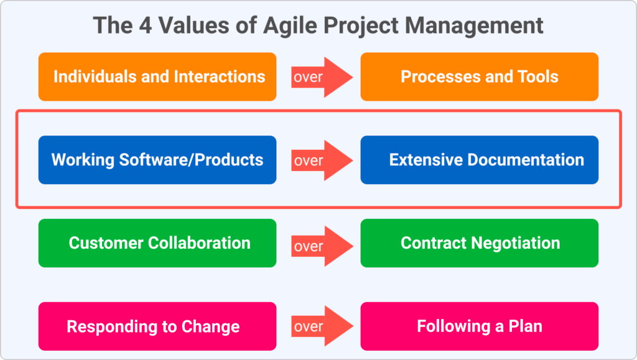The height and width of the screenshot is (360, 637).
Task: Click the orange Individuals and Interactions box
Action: [x=157, y=76]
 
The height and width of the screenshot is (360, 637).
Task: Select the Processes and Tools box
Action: [x=480, y=76]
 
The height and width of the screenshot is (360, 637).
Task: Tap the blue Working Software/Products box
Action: [x=157, y=160]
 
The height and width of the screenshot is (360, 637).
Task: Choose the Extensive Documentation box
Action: [x=480, y=160]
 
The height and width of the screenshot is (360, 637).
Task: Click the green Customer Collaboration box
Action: [x=157, y=243]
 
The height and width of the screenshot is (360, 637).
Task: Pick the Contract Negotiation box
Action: [x=480, y=243]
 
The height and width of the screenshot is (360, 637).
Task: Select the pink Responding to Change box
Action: [x=157, y=326]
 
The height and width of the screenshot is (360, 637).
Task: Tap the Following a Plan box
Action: [x=480, y=326]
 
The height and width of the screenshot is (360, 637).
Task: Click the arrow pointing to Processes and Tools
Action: [x=322, y=77]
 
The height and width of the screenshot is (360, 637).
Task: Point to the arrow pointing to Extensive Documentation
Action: [x=322, y=160]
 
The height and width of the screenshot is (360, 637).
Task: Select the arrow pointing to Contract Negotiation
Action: [x=322, y=246]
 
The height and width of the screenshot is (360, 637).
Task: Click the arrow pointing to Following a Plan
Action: [x=322, y=326]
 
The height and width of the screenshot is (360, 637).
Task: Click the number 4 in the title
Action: [x=145, y=25]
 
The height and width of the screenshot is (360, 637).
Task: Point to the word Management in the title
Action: [x=474, y=26]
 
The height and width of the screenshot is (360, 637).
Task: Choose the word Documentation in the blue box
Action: [x=526, y=160]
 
